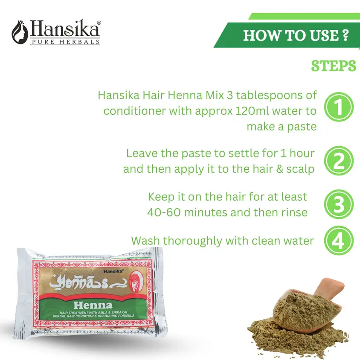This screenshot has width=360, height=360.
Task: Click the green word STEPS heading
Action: click(x=334, y=66)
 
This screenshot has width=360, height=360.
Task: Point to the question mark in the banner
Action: click(x=345, y=35)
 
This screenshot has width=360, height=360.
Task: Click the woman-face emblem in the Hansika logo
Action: click(x=20, y=32)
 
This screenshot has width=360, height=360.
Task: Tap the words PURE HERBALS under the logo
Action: click(x=66, y=42)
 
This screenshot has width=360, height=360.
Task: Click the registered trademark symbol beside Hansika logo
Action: click(x=99, y=23)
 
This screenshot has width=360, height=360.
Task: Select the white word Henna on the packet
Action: click(x=93, y=305)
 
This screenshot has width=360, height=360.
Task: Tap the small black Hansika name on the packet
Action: click(x=113, y=271)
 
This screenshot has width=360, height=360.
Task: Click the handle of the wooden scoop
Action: click(x=329, y=287)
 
